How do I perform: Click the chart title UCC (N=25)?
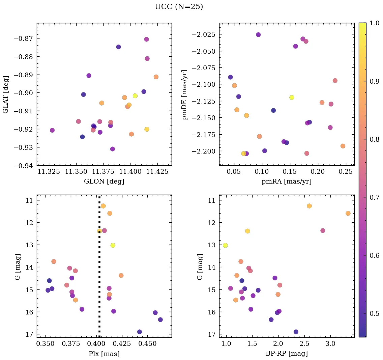click(179, 7)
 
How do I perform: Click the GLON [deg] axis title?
click(104, 182)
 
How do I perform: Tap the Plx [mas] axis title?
click(104, 354)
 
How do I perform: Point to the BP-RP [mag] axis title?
click(287, 354)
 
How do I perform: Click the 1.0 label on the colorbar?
click(375, 23)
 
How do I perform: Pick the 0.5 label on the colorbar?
click(375, 313)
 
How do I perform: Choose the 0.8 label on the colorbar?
click(375, 139)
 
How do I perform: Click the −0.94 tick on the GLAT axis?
click(23, 165)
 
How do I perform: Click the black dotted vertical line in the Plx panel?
click(99, 270)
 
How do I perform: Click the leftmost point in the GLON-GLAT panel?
click(52, 130)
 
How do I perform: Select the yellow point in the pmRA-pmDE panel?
click(292, 98)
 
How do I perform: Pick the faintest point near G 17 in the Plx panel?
click(140, 332)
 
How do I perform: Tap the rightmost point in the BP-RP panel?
click(348, 213)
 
